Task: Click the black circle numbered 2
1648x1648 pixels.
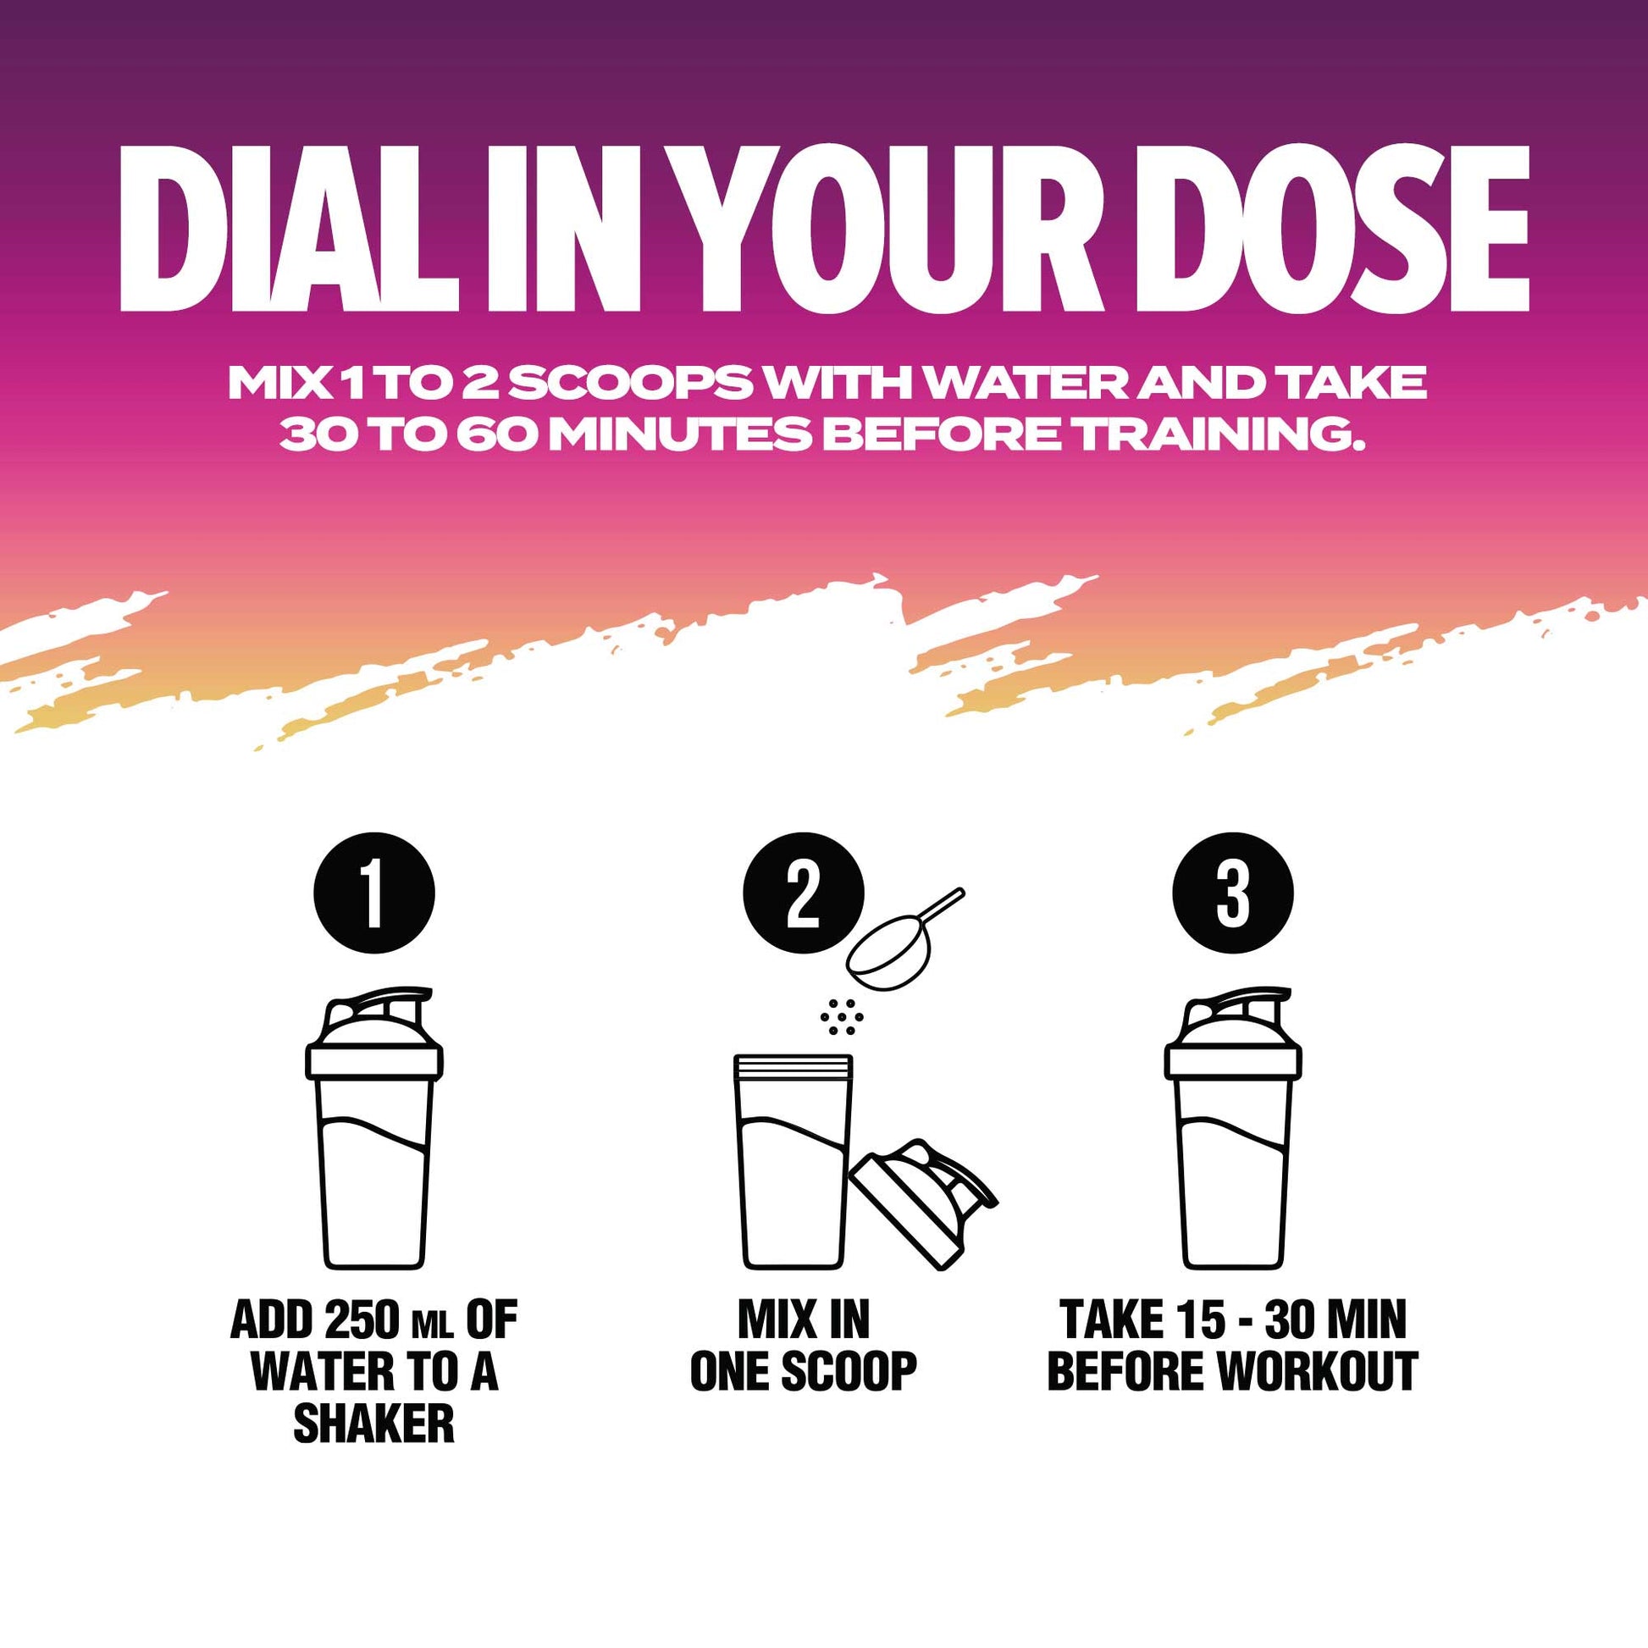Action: coord(803,894)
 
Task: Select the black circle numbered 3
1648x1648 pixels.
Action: coord(1232,894)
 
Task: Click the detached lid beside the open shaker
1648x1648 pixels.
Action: coord(922,1203)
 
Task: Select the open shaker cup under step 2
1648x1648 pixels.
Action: coord(793,1162)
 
